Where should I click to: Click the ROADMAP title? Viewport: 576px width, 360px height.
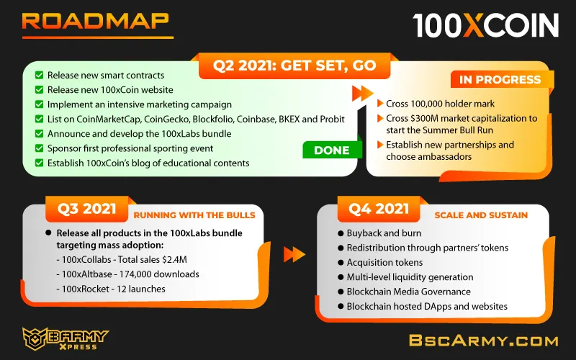click(96, 22)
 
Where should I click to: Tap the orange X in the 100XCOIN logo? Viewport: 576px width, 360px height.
click(474, 25)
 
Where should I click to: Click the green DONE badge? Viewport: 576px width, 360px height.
click(332, 150)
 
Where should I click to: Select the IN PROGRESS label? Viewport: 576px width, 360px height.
click(500, 79)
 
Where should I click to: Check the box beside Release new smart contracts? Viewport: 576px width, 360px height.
click(40, 75)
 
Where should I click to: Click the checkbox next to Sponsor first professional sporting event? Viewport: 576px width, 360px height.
click(40, 148)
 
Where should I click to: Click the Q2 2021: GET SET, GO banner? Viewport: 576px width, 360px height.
click(294, 66)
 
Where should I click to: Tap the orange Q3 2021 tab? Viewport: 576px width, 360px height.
click(86, 209)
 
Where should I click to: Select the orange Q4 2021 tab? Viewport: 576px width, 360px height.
click(379, 209)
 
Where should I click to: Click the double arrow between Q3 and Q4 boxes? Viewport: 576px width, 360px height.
click(294, 254)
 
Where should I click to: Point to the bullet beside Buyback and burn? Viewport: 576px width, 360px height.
click(341, 233)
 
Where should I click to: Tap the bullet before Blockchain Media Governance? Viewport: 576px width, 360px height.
click(341, 292)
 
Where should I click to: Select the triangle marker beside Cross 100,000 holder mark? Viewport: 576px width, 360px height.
click(381, 103)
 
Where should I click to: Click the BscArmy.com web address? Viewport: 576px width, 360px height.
click(483, 341)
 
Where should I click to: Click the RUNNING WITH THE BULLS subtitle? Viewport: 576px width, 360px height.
click(194, 215)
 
